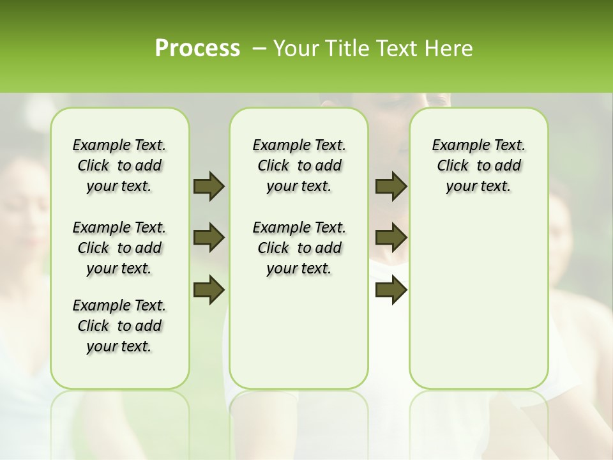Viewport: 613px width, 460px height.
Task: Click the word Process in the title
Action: (197, 49)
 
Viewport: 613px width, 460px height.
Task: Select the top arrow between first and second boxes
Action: (209, 186)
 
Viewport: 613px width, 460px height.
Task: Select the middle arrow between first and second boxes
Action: (209, 238)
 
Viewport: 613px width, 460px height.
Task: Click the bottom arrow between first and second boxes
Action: (209, 290)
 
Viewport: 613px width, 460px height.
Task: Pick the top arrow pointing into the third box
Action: (391, 186)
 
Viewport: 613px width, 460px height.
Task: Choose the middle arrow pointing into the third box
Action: (391, 238)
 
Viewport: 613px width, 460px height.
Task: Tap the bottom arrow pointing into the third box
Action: (391, 290)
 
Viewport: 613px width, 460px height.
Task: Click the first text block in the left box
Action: (119, 165)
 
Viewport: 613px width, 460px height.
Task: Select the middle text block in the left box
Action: (119, 248)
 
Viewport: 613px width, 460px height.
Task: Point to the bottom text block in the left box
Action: (119, 326)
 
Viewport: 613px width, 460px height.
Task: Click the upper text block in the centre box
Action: (299, 165)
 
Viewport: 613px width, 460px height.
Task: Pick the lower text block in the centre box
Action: (299, 248)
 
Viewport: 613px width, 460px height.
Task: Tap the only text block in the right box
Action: (479, 165)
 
